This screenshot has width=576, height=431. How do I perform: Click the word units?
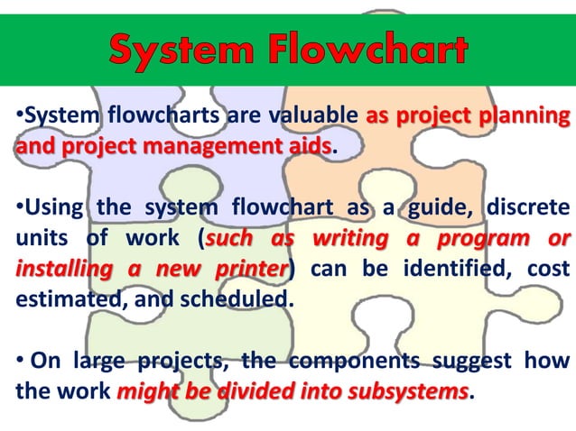tap(35, 240)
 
